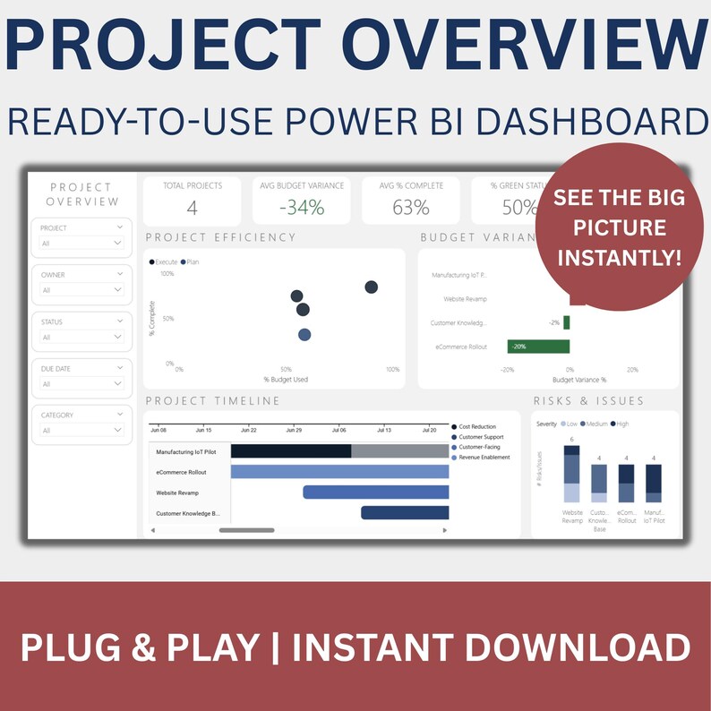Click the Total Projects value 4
(x=192, y=209)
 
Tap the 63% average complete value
(x=411, y=209)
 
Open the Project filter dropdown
(x=81, y=243)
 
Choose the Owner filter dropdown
(x=81, y=289)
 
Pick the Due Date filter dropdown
(x=81, y=383)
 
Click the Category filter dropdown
(x=81, y=430)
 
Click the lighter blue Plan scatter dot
(x=304, y=335)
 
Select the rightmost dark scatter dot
(x=371, y=287)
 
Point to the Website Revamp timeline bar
(x=375, y=493)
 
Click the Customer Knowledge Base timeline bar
(x=404, y=513)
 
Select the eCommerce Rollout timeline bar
(x=339, y=472)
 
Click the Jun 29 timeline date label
(x=293, y=431)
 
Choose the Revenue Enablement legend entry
(x=484, y=458)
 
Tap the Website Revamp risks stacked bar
(x=571, y=474)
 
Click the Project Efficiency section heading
(x=220, y=237)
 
